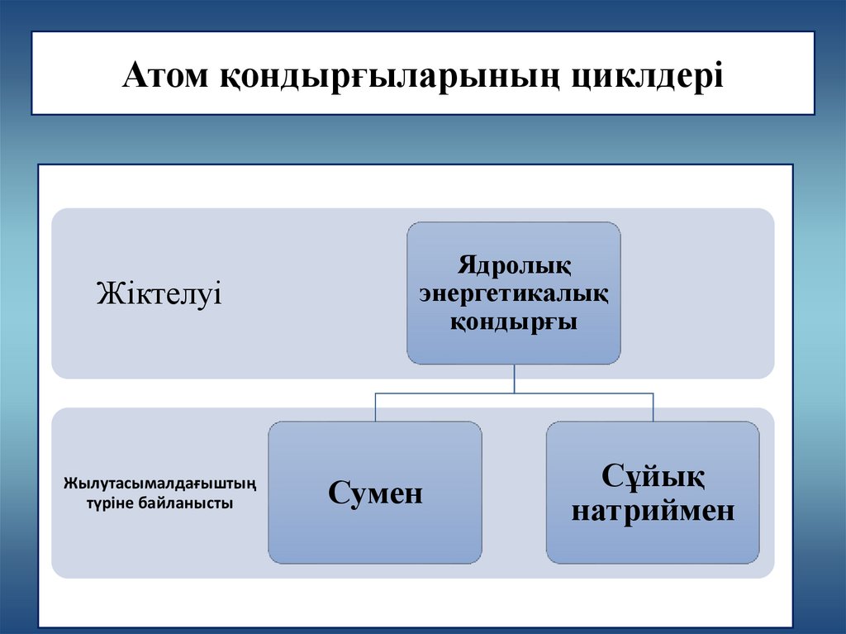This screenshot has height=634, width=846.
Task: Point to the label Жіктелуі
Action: point(159,293)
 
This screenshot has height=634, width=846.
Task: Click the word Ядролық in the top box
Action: point(513,267)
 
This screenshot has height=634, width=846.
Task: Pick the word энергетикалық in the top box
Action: point(513,294)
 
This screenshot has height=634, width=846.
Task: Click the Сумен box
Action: point(375,493)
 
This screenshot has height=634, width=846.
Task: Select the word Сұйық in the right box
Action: point(653,477)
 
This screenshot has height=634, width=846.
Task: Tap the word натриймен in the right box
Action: point(653,511)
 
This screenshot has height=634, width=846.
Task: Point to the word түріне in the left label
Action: point(105,503)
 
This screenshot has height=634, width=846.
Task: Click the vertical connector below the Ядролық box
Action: point(514,379)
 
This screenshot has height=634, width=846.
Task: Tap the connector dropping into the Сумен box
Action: point(375,408)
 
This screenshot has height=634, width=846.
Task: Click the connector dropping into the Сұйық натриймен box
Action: point(653,408)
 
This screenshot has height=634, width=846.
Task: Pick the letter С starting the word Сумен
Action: point(337,493)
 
